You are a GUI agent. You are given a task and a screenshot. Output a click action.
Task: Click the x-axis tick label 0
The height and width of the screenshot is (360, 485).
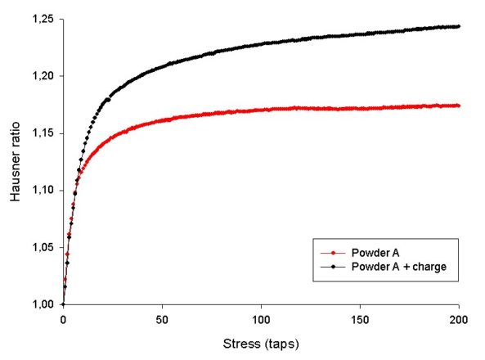tap(63, 320)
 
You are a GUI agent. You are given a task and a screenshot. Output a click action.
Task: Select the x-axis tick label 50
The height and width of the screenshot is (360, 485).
tap(162, 320)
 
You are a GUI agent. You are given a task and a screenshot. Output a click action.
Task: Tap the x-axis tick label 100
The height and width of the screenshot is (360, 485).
tap(261, 320)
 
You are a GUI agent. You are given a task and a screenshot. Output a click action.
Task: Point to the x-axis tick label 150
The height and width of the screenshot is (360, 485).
tap(360, 320)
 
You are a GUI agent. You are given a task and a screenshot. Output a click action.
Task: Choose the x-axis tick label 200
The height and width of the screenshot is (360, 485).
tap(459, 320)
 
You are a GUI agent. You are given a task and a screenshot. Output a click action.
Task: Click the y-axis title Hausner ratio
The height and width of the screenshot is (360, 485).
tap(14, 160)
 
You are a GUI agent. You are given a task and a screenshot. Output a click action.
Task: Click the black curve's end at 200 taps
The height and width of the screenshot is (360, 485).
tap(459, 26)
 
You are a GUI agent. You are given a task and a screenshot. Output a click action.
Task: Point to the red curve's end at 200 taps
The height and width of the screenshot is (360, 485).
tap(459, 106)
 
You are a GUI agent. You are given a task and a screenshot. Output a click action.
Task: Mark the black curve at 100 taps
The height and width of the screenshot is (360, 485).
tap(261, 43)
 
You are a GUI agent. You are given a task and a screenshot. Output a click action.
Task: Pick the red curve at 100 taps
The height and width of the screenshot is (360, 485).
tap(261, 109)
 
